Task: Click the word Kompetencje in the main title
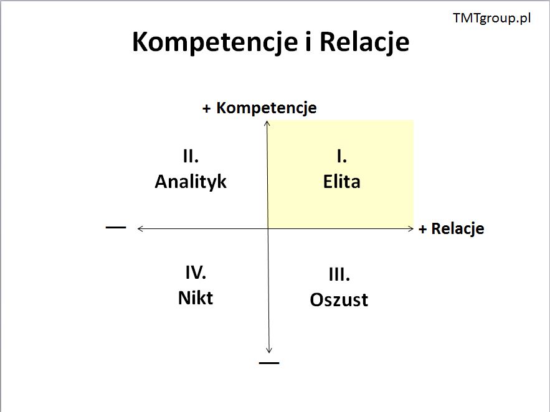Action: pos(215,43)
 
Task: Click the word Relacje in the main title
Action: pos(364,43)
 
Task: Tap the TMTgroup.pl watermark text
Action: pos(492,18)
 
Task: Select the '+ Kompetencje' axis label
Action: pos(260,108)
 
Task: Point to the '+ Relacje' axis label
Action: pos(452,229)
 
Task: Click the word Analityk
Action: pos(191,182)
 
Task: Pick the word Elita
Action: pos(341,182)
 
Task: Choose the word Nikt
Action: pos(196,298)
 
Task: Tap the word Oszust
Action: pos(339,300)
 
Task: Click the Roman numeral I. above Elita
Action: pos(341,156)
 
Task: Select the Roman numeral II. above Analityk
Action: pos(191,156)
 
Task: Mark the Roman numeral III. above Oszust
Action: pos(339,274)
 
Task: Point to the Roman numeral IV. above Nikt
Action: pos(196,273)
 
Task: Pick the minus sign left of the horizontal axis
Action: pos(116,227)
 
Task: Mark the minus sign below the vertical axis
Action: pos(269,363)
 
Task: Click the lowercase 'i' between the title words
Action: pos(309,42)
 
